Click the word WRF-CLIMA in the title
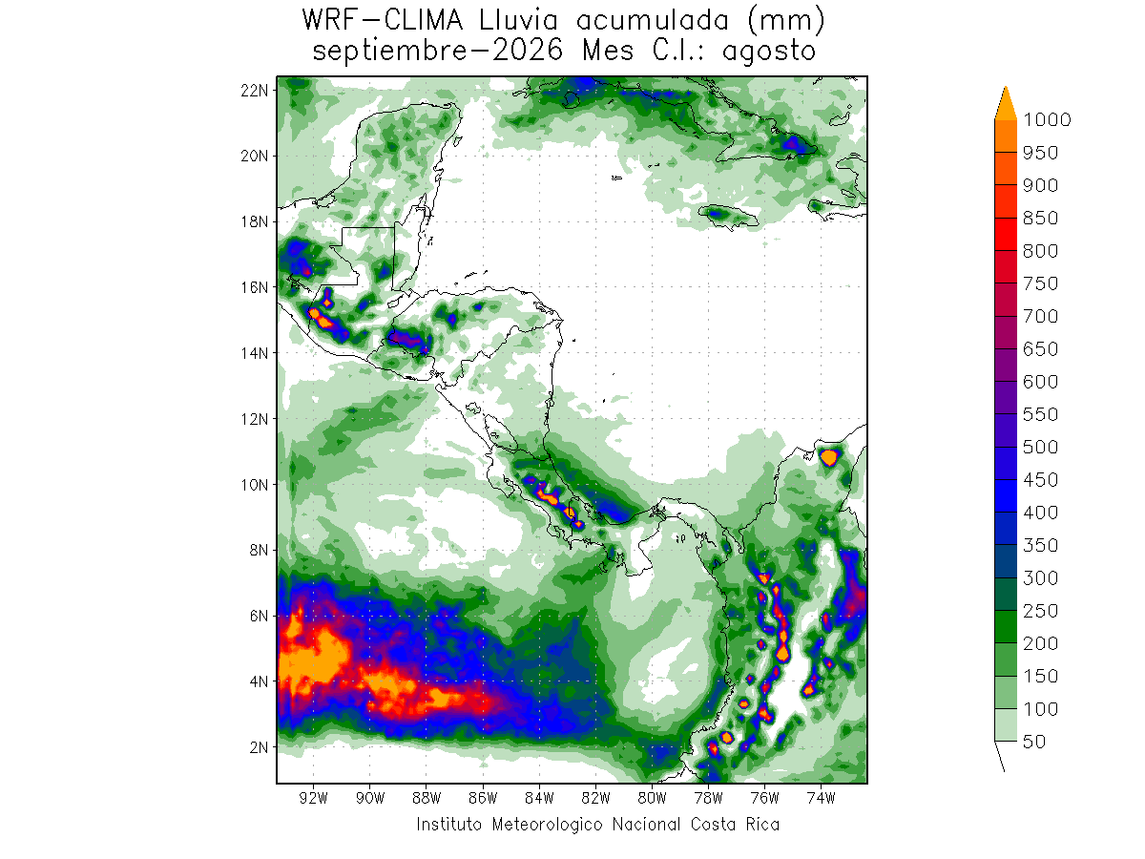(x=383, y=21)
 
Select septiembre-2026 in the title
(x=438, y=52)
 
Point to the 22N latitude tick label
(x=254, y=91)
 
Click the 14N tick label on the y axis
(x=254, y=353)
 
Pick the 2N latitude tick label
(x=259, y=747)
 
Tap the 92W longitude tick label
(x=314, y=798)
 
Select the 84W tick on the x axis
(x=539, y=798)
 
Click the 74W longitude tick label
(x=822, y=798)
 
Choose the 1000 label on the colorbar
(x=1047, y=120)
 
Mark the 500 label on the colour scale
(x=1040, y=447)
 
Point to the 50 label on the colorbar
(x=1034, y=742)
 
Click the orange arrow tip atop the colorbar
(x=1006, y=87)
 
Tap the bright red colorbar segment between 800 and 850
(x=1006, y=234)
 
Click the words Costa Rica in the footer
(x=735, y=825)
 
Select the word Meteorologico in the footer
(x=547, y=825)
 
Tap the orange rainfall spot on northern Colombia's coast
(x=828, y=457)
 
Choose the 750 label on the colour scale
(x=1040, y=283)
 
